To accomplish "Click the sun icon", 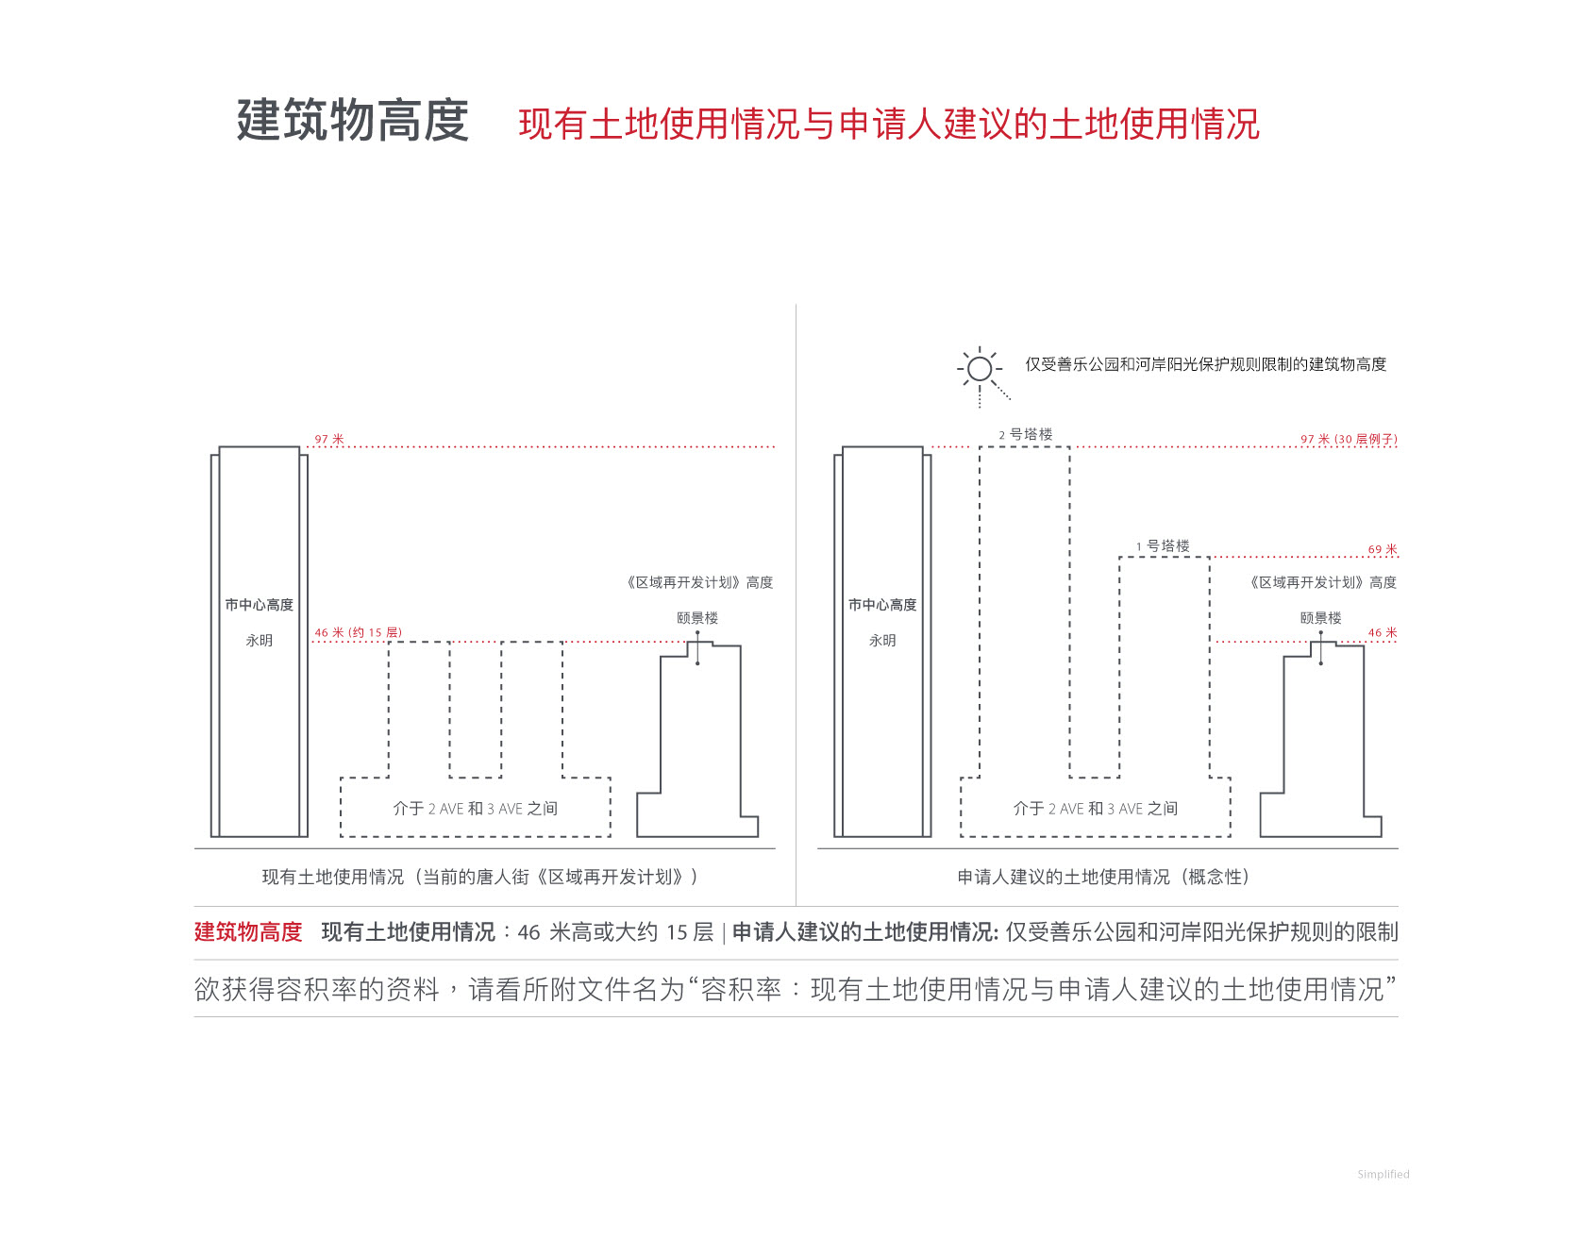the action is tap(980, 369).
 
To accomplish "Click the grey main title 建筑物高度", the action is tap(353, 121).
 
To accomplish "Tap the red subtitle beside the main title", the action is tap(889, 124).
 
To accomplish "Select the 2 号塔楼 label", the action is tap(1026, 434).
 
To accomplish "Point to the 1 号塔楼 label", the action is tap(1163, 545).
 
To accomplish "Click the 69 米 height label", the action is tap(1383, 549).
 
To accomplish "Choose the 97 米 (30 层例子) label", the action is tap(1349, 439).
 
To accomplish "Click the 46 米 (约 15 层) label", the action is tap(359, 632).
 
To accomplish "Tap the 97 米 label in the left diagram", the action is tap(329, 439).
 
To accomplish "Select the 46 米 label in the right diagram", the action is tap(1383, 632).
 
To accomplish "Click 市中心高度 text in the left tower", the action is tap(260, 605).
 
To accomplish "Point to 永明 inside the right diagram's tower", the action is tap(882, 640).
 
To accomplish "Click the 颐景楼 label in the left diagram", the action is tap(697, 618).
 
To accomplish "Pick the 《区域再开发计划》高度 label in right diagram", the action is tap(1322, 582).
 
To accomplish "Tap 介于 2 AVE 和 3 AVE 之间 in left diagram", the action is tap(476, 809).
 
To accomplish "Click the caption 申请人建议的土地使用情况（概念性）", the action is tap(1103, 877).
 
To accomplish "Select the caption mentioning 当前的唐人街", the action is tap(480, 877).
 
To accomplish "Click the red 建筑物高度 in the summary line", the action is tap(248, 932).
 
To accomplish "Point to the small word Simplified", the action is tap(1383, 1174).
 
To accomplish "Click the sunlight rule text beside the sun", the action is tap(1206, 364).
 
